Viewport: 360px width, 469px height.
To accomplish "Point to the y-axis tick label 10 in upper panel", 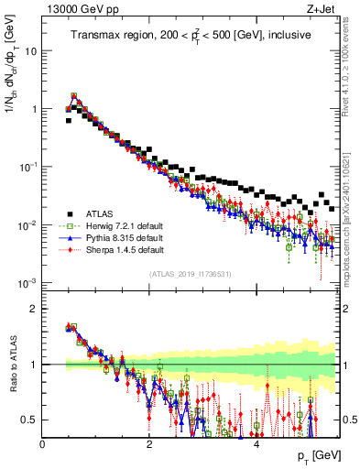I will click(30, 50).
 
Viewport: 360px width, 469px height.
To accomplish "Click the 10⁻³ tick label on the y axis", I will click(27, 283).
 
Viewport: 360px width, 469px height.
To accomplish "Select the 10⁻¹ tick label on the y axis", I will click(27, 167).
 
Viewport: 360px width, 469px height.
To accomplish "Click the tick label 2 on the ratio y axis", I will click(33, 309).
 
